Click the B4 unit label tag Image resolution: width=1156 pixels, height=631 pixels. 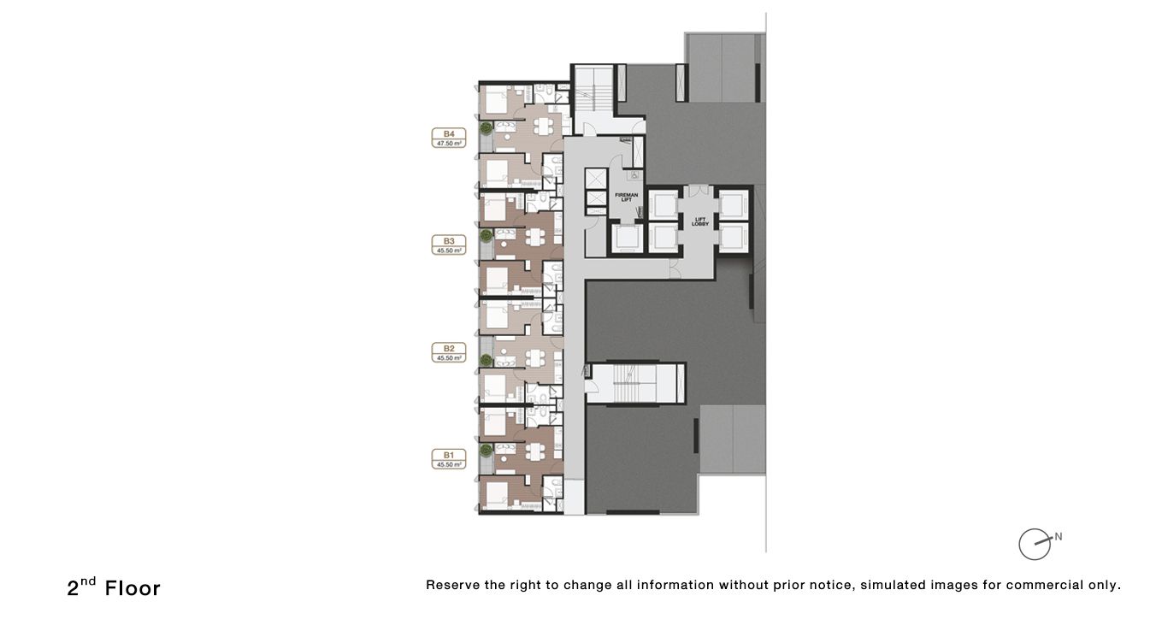click(449, 138)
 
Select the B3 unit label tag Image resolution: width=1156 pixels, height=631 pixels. click(449, 245)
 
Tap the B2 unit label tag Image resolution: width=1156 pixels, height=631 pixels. click(449, 352)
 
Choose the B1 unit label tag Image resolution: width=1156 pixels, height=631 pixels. click(449, 459)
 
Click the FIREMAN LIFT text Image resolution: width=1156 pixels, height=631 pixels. click(626, 198)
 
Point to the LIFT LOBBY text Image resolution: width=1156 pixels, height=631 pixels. click(699, 221)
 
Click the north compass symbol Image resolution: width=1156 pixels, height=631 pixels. click(1035, 544)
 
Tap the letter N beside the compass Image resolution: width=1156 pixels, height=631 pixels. click(1059, 537)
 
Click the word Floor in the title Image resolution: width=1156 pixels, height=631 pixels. click(133, 588)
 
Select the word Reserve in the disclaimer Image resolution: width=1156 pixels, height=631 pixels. click(453, 586)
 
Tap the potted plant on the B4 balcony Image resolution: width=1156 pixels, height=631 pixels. click(486, 128)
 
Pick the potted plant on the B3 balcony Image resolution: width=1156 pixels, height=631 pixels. click(486, 234)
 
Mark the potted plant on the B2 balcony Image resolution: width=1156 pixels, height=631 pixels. click(486, 359)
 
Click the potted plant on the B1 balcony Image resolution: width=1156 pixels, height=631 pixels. click(486, 449)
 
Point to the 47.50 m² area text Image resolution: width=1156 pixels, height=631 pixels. click(449, 144)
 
